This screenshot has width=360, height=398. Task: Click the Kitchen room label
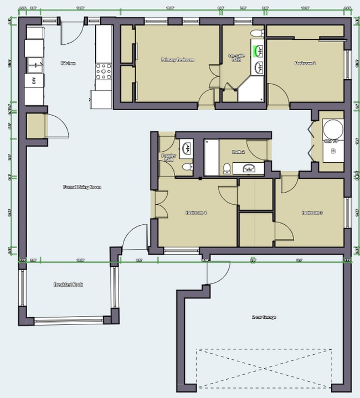68,64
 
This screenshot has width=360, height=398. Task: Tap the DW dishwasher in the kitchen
34,81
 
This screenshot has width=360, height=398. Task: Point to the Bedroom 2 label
305,63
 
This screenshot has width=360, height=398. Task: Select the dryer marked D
333,151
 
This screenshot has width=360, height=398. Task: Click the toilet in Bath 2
227,168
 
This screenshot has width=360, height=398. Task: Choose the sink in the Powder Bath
187,148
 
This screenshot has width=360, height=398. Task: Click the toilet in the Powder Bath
187,166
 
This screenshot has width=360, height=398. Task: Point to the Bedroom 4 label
196,213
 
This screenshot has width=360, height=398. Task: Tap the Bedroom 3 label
312,213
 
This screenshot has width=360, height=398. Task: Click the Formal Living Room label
82,187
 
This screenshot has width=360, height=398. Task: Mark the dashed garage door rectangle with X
264,368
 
